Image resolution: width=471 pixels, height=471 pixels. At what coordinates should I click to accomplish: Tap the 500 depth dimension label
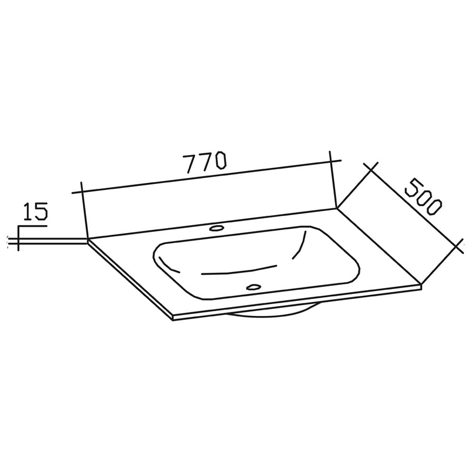point(423,196)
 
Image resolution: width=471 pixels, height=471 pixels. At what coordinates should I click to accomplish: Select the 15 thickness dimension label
point(35,211)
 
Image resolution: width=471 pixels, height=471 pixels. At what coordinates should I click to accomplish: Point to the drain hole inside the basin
point(253,286)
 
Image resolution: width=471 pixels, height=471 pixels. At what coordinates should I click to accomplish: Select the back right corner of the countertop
point(336,208)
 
